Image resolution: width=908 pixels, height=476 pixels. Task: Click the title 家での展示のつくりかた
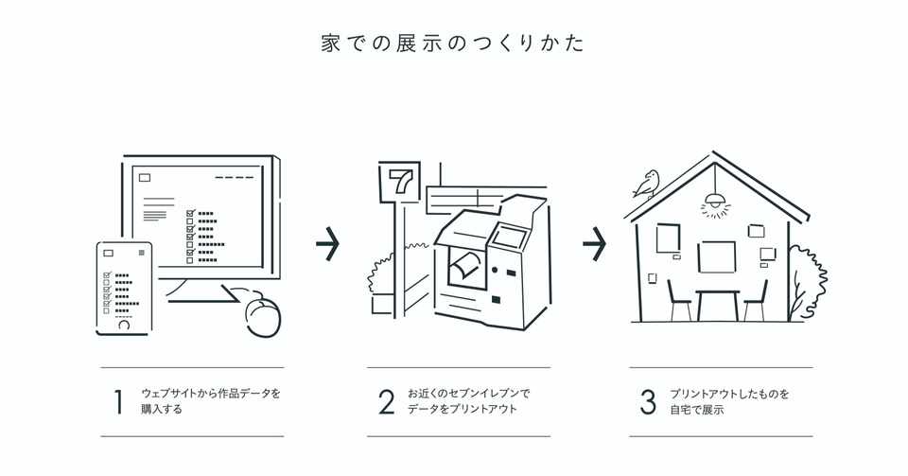453,44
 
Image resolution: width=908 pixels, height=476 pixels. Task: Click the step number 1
118,401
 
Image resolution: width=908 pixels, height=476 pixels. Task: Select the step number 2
386,401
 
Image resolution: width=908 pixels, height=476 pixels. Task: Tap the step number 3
648,401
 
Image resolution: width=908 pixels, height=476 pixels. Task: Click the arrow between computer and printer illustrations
327,244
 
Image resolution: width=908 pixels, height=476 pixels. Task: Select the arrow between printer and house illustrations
594,244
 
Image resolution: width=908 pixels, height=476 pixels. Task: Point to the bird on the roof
647,184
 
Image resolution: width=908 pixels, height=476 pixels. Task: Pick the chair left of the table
678,301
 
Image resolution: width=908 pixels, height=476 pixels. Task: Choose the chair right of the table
756,301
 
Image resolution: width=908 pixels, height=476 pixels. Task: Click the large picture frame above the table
716,256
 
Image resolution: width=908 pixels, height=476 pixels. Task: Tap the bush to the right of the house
799,284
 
